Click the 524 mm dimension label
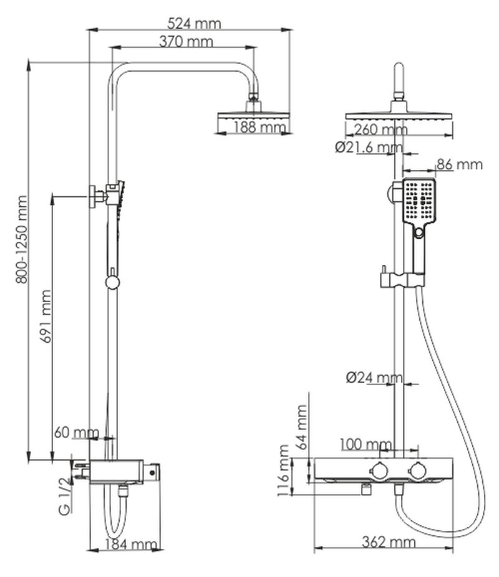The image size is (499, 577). [x=195, y=24]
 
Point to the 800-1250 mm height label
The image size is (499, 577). [x=22, y=240]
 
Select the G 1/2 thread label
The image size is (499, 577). [x=62, y=495]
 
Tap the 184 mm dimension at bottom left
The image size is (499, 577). [x=130, y=545]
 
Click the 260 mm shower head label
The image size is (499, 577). [x=380, y=130]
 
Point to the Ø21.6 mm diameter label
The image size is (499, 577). [x=369, y=148]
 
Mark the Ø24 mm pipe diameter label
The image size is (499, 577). [x=374, y=378]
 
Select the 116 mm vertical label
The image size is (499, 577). [x=284, y=471]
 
